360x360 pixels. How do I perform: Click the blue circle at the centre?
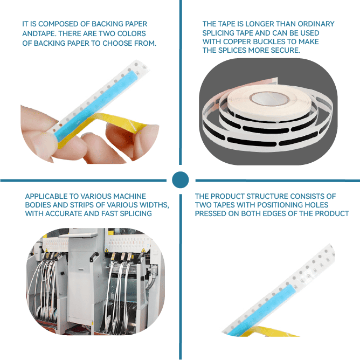pyautogui.click(x=180, y=180)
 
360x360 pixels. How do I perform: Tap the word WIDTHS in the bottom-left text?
pyautogui.click(x=155, y=205)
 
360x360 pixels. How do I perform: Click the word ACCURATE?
pyautogui.click(x=64, y=213)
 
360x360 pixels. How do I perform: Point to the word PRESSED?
pyautogui.click(x=211, y=213)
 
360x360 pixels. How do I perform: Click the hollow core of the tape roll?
pyautogui.click(x=269, y=99)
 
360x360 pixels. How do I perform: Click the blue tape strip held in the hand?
pyautogui.click(x=97, y=106)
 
